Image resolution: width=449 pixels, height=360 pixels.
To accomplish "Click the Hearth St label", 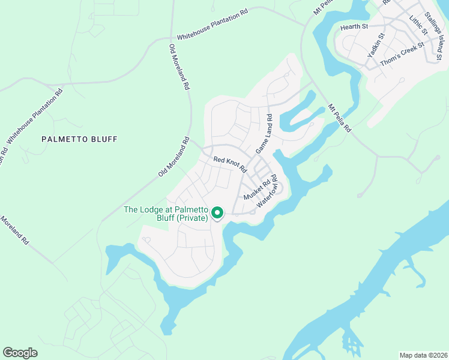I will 354,27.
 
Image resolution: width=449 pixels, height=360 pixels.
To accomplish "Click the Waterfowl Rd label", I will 269,191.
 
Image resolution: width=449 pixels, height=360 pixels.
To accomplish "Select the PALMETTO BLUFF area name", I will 79,139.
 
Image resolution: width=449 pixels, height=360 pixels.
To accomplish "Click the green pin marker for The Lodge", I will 217,213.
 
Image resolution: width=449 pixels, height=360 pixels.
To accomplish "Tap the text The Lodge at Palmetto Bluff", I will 165,210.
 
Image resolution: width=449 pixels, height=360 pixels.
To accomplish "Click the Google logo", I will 20,353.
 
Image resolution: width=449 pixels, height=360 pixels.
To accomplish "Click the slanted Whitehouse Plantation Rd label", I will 35,118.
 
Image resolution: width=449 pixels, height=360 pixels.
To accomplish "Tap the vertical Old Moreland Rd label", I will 178,67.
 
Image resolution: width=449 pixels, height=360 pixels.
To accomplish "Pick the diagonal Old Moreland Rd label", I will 174,157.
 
